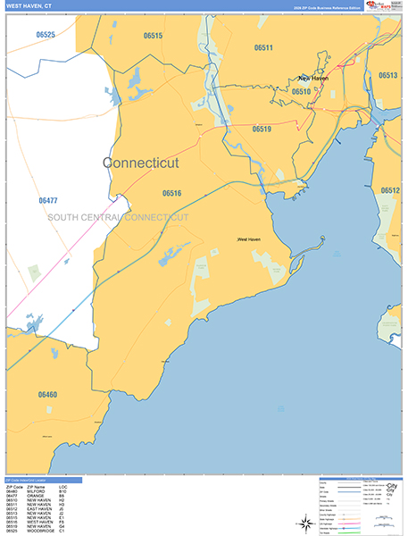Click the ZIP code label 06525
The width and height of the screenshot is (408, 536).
(x=46, y=35)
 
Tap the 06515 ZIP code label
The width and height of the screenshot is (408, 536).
(x=153, y=36)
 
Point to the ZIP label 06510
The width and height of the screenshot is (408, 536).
(x=301, y=91)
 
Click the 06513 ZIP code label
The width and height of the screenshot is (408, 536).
(x=387, y=76)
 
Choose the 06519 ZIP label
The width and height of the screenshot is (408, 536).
(x=261, y=130)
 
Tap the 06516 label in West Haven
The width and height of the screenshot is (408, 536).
(x=172, y=193)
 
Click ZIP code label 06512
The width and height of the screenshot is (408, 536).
(x=390, y=190)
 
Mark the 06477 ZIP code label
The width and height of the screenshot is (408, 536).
(x=48, y=201)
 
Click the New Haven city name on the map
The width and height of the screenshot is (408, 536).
(x=313, y=79)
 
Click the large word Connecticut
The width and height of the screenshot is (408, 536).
(x=141, y=163)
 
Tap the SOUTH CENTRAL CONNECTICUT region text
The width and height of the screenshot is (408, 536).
(x=119, y=218)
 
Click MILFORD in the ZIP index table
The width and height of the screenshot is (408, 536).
(x=35, y=491)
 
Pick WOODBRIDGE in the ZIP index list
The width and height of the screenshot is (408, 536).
(x=38, y=532)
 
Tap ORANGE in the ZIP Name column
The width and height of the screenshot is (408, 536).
(x=35, y=496)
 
